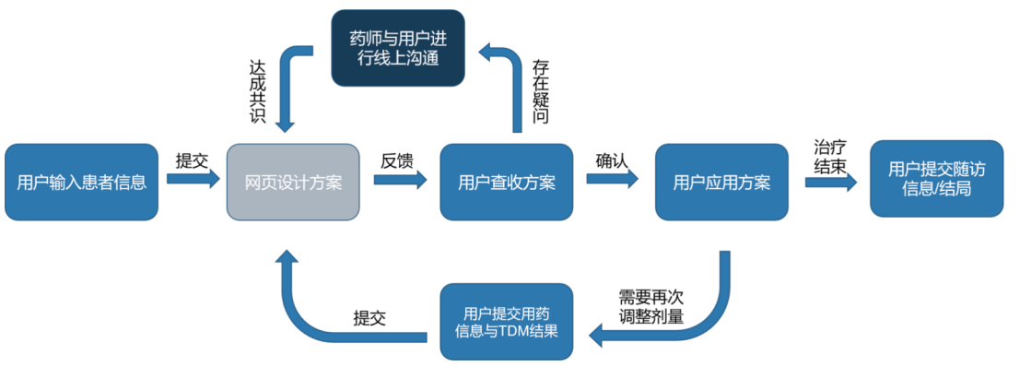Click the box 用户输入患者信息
pos(81,182)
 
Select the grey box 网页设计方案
pos(293,182)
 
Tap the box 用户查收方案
pos(506,182)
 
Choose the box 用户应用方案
pos(721,182)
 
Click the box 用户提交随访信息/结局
pos(936,179)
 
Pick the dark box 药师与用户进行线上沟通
pos(398,48)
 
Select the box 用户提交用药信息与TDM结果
pos(506,322)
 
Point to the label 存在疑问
pos(541,92)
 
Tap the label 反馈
pos(397,159)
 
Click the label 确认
pos(611,159)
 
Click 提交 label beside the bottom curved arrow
pos(369,318)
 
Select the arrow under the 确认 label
pos(613,181)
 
